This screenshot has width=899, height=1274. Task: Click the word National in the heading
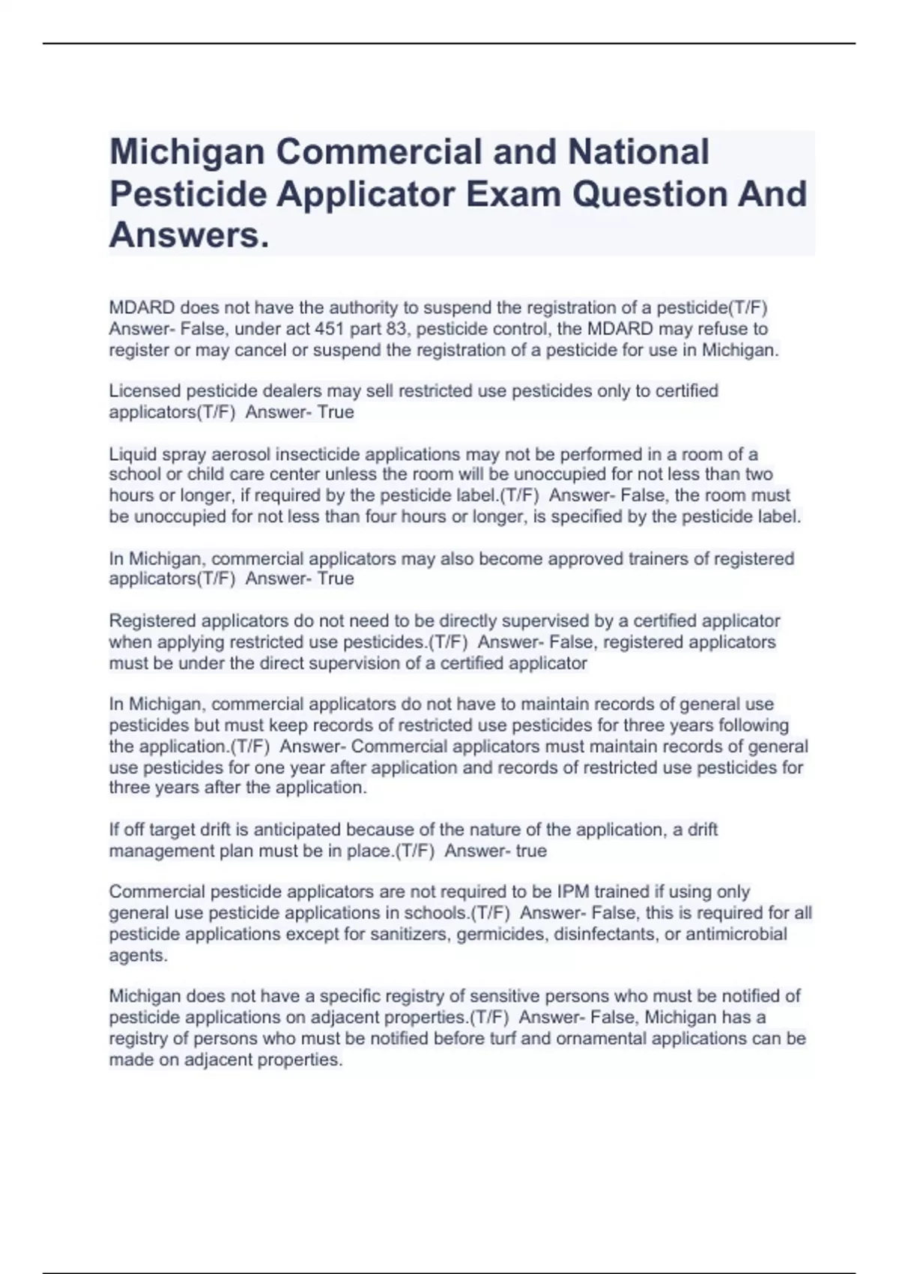pyautogui.click(x=638, y=152)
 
